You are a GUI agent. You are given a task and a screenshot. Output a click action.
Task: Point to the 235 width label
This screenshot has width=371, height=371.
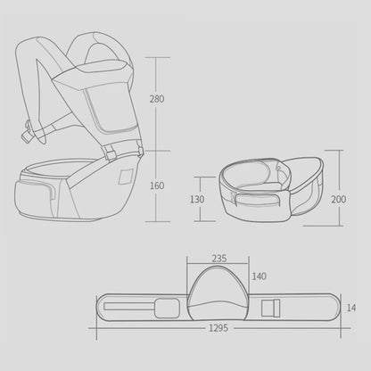coord(218,260)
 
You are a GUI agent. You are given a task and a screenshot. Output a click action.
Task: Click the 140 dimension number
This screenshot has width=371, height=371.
coord(260,276)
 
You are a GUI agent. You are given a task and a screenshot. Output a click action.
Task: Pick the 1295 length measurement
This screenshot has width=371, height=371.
coord(219,328)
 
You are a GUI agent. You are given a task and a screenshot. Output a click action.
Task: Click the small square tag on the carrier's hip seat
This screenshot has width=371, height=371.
coord(125,177)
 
